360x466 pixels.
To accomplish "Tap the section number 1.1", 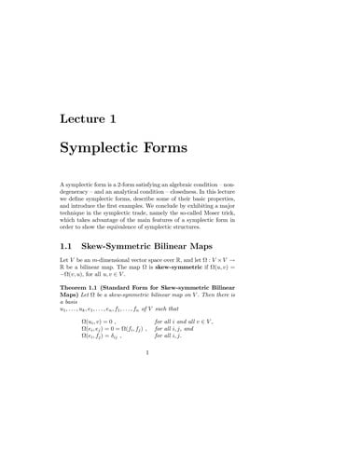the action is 71,240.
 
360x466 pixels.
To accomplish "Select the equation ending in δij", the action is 104,359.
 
